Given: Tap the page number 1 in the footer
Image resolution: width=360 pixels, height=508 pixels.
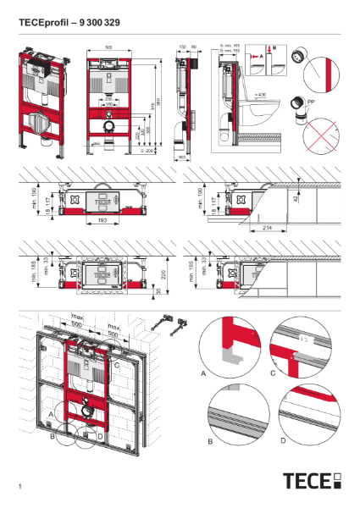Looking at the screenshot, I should pyautogui.click(x=19, y=486).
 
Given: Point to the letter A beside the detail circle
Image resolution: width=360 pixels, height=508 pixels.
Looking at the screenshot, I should pyautogui.click(x=203, y=372).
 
